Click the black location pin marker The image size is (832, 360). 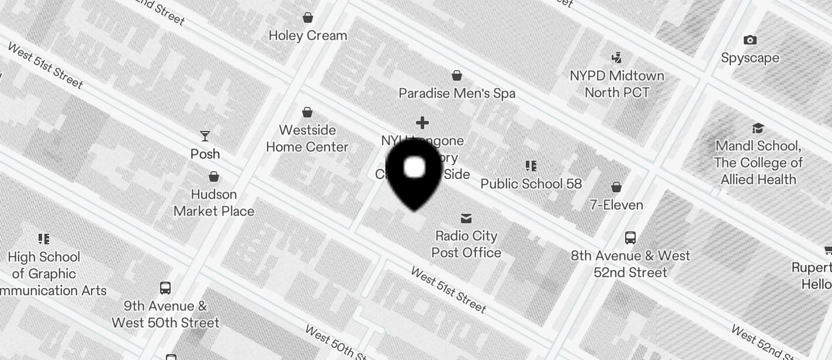coord(415,172)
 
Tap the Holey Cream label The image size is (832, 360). coord(308,36)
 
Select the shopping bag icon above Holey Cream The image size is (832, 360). coord(308,18)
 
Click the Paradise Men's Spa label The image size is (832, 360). coord(457,93)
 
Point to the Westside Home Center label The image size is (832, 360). coord(307,139)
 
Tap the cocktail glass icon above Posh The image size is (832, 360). coord(205,136)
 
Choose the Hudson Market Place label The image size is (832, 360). coord(214,203)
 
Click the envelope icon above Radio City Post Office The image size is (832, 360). coord(466,219)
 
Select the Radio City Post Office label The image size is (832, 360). coord(466,244)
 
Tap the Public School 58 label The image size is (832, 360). coord(531,184)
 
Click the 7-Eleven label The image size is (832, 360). coord(616,205)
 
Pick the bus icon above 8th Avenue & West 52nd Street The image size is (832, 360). coord(630,238)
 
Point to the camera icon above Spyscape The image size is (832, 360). coord(750,40)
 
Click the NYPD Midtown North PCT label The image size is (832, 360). coord(617,84)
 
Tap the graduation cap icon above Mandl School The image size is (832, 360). coord(758,128)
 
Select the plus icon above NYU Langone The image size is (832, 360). coord(422,123)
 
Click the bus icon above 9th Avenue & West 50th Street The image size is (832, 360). coord(165,288)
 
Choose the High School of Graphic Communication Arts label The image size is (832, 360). coord(47,274)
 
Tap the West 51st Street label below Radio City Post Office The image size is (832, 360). coord(448,289)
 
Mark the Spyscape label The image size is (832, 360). coord(750,58)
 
